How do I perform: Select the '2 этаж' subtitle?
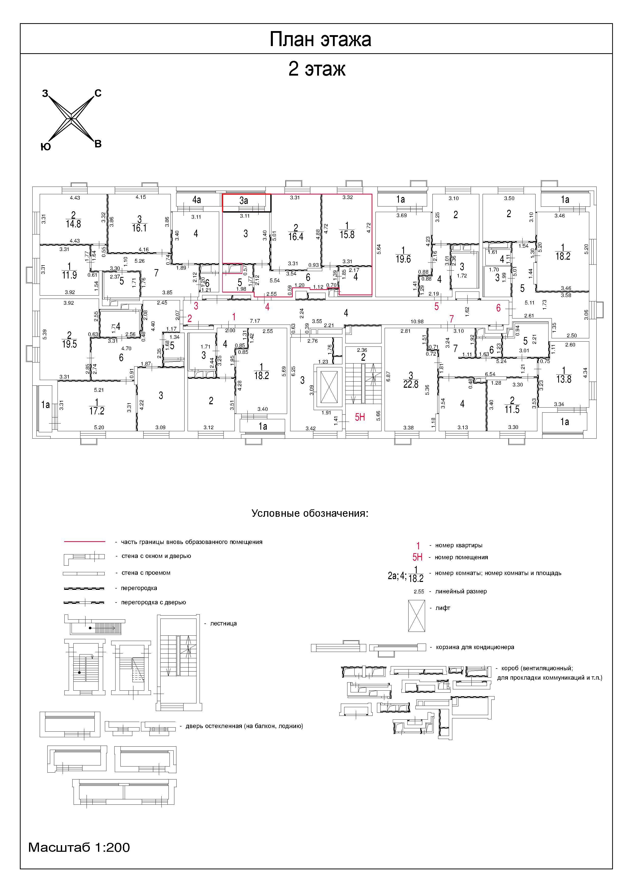point(317,69)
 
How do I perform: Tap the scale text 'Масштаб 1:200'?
point(79,847)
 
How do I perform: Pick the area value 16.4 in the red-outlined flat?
point(296,236)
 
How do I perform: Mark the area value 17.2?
point(96,411)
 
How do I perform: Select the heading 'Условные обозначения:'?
point(310,513)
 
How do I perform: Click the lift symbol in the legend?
point(417,616)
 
